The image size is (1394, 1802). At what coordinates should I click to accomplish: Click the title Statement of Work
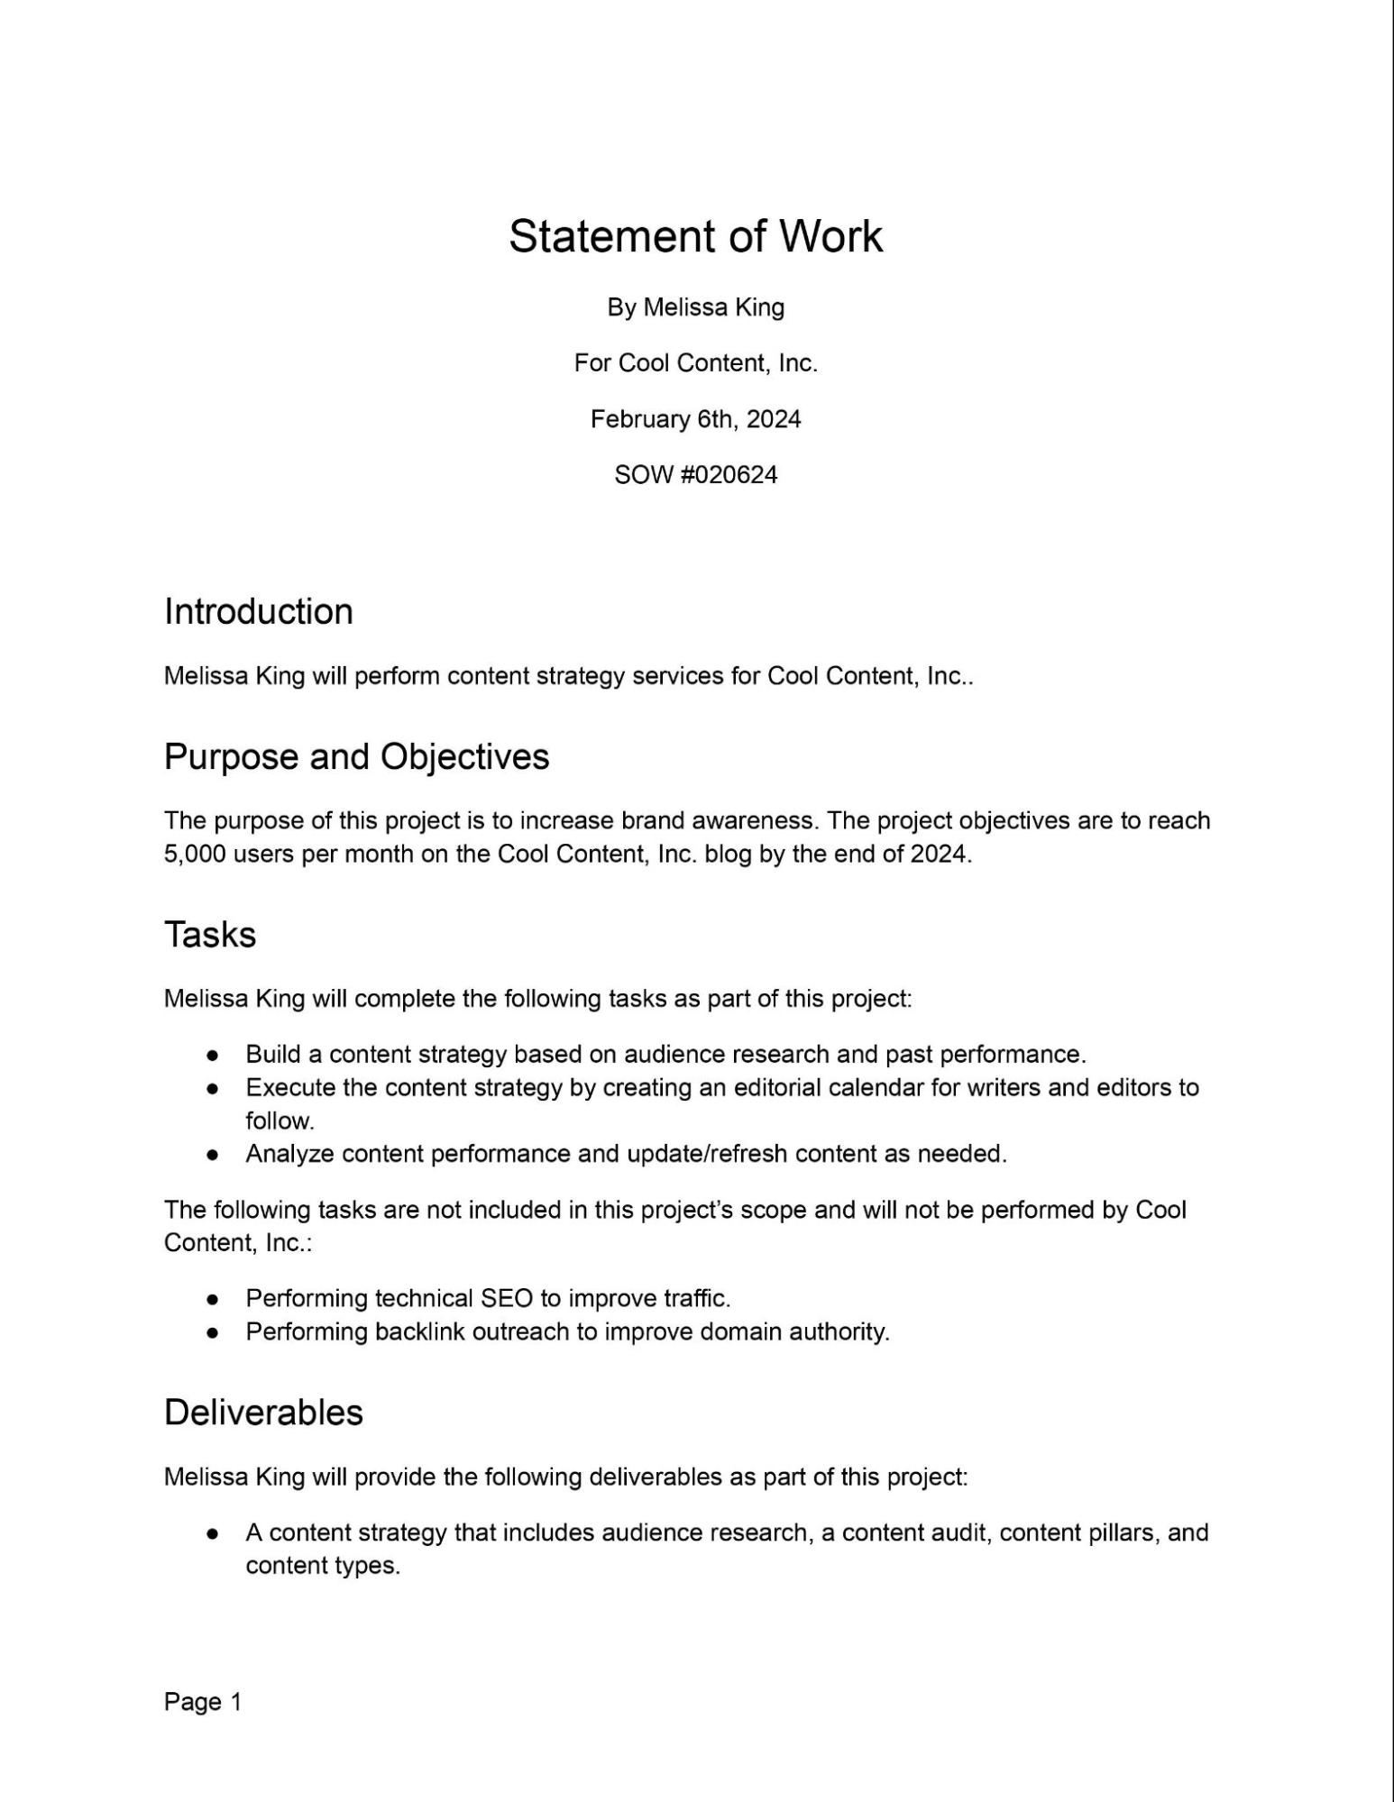pyautogui.click(x=695, y=236)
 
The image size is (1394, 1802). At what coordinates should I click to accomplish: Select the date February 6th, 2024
pyautogui.click(x=695, y=419)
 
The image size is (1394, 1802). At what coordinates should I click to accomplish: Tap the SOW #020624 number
pyautogui.click(x=695, y=475)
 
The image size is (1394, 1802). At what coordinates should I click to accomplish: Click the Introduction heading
pyautogui.click(x=258, y=611)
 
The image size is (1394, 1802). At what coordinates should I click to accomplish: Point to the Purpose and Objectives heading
pyautogui.click(x=356, y=756)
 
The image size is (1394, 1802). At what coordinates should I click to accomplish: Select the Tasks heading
pyautogui.click(x=210, y=935)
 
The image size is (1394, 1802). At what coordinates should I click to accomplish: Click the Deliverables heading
pyautogui.click(x=263, y=1413)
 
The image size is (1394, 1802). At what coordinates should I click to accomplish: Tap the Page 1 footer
pyautogui.click(x=203, y=1702)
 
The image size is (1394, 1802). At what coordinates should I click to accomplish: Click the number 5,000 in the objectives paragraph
pyautogui.click(x=195, y=854)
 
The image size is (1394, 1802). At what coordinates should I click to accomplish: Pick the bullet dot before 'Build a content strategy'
pyautogui.click(x=213, y=1055)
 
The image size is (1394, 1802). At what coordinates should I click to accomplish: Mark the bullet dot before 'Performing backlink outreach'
pyautogui.click(x=213, y=1332)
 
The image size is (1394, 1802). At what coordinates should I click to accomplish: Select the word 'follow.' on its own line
pyautogui.click(x=280, y=1121)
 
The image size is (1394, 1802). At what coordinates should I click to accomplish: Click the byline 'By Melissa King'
pyautogui.click(x=695, y=307)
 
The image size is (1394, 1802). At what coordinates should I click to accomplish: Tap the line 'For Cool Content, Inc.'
pyautogui.click(x=695, y=363)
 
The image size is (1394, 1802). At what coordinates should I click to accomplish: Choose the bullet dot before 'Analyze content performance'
pyautogui.click(x=213, y=1155)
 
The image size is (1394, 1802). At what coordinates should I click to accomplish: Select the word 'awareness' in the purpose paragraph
pyautogui.click(x=751, y=821)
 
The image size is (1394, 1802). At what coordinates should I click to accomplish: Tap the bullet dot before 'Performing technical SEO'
pyautogui.click(x=213, y=1299)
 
